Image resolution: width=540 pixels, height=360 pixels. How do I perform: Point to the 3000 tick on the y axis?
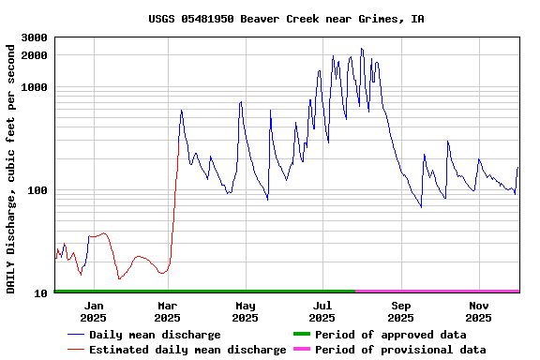(x=36, y=37)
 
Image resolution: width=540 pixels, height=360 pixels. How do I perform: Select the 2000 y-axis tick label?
(x=36, y=55)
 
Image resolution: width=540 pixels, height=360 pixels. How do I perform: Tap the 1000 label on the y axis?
(x=36, y=87)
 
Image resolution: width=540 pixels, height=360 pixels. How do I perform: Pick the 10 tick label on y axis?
(x=42, y=293)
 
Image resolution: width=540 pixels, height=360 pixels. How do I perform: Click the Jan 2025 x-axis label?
(x=94, y=311)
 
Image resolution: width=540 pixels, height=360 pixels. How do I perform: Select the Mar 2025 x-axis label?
(x=168, y=311)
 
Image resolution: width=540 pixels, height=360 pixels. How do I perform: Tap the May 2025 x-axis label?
(x=246, y=311)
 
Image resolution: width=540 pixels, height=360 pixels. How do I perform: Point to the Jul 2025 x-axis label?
(x=322, y=311)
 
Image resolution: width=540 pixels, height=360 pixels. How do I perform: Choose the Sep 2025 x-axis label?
(x=401, y=311)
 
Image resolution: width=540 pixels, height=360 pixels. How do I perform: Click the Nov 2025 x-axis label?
(x=479, y=311)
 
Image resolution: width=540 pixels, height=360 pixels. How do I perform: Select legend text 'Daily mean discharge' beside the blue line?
(x=155, y=335)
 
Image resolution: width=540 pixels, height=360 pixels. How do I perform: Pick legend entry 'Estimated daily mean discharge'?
(x=187, y=350)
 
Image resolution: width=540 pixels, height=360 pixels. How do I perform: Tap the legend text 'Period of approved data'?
(x=390, y=335)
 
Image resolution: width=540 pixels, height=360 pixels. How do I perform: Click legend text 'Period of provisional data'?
(x=400, y=350)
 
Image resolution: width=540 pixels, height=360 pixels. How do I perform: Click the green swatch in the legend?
(x=301, y=335)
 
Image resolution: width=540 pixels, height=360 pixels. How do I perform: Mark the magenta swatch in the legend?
(x=301, y=350)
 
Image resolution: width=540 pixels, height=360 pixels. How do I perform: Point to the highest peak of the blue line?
(x=361, y=49)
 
